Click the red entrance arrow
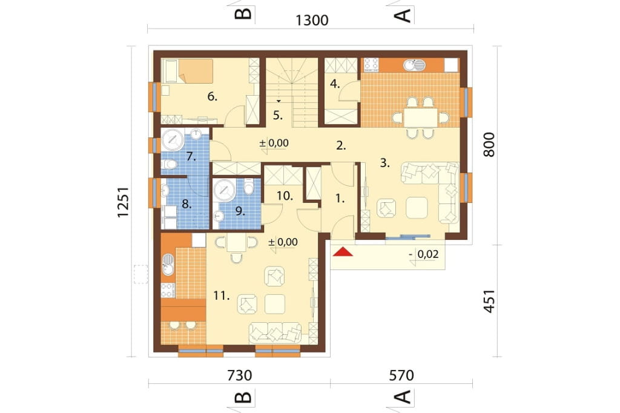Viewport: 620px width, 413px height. [343, 251]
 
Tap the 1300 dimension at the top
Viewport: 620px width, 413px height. [312, 20]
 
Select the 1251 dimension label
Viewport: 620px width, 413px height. [124, 202]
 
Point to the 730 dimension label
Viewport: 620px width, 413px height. [240, 375]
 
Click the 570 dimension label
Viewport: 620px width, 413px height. [401, 375]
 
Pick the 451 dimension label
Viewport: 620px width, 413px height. [489, 301]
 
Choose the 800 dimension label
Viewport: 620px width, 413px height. [489, 144]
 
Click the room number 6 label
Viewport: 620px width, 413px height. [213, 96]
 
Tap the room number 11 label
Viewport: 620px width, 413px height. [222, 295]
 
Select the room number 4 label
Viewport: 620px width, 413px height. [335, 84]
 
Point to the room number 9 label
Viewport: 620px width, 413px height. [240, 211]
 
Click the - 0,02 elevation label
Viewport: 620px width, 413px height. [423, 254]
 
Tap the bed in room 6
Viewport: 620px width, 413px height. [188, 71]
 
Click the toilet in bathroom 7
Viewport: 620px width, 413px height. [170, 164]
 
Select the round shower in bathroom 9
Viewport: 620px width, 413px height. [225, 189]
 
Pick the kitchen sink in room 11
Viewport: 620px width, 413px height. [168, 264]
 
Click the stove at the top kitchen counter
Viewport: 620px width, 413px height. [371, 64]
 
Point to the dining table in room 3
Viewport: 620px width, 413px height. [421, 117]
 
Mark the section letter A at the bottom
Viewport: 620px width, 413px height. [404, 397]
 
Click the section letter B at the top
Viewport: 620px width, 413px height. [243, 13]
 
